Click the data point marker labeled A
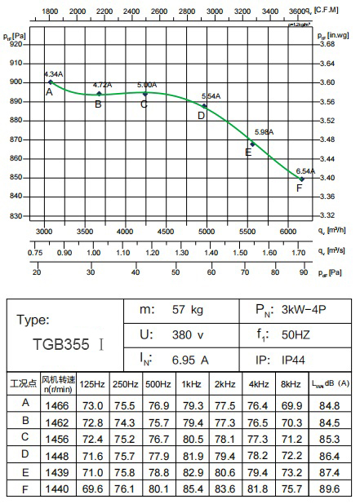(x=51, y=82)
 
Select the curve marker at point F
(x=301, y=179)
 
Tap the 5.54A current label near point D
(x=211, y=96)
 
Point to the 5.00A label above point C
(x=147, y=85)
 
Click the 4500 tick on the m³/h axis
(x=165, y=232)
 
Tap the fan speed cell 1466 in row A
(x=57, y=405)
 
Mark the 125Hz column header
(x=93, y=383)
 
